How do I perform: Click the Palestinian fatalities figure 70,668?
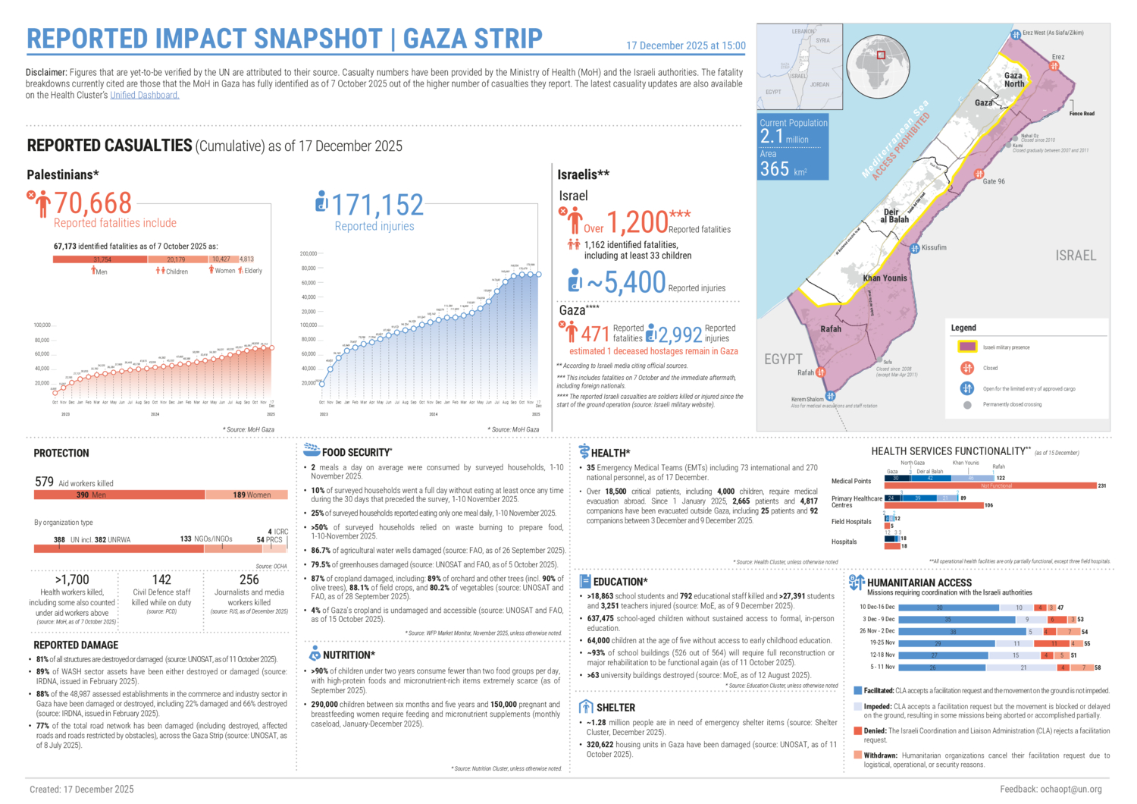[92, 203]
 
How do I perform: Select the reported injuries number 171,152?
[377, 206]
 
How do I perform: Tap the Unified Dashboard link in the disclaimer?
[144, 96]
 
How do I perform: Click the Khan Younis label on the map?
[885, 278]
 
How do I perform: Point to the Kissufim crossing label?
[934, 247]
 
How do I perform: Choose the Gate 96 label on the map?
[994, 181]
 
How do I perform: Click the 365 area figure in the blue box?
[775, 169]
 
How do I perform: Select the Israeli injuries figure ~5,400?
[626, 283]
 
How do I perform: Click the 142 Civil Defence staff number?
[161, 579]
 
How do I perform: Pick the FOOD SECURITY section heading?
[356, 452]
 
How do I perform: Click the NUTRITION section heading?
[349, 655]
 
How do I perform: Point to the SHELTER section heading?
[615, 707]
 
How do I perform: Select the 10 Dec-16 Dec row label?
[877, 607]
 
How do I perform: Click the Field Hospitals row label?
[851, 522]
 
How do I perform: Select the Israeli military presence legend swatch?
[967, 347]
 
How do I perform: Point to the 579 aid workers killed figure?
[44, 482]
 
